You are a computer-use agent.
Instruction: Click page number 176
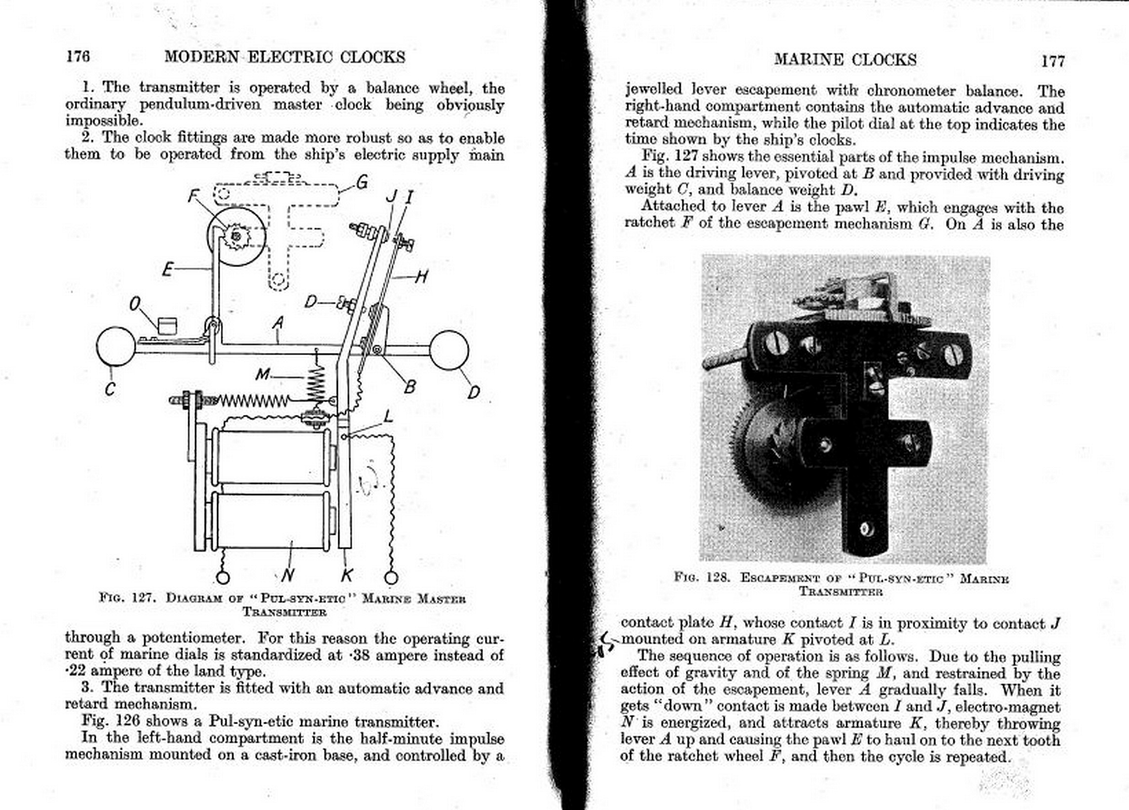tap(78, 56)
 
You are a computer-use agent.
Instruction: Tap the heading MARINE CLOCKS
tap(845, 60)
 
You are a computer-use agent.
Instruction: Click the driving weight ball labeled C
tap(116, 347)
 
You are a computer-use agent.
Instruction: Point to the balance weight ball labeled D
tap(448, 351)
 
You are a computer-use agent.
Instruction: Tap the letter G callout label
tap(362, 183)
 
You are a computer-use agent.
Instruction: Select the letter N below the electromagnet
tap(287, 575)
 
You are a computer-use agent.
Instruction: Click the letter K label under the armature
tap(347, 575)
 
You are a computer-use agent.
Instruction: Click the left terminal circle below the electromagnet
tap(223, 577)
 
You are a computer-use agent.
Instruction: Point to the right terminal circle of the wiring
tap(391, 577)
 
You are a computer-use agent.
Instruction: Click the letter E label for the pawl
tap(168, 270)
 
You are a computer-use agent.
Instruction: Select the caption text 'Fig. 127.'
tap(127, 598)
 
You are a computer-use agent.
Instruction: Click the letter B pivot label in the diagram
tap(409, 387)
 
